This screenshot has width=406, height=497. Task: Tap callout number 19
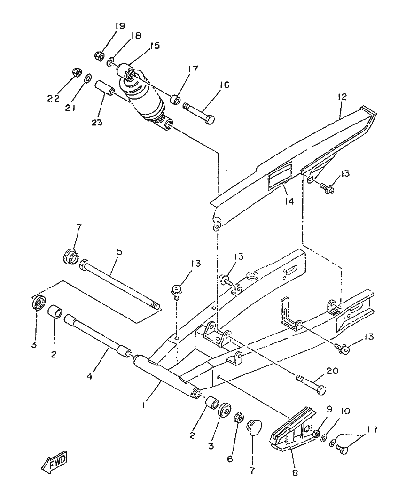(119, 26)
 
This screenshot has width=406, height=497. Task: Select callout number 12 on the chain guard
(342, 96)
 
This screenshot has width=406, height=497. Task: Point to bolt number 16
(199, 112)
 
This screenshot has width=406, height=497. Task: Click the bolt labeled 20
(312, 384)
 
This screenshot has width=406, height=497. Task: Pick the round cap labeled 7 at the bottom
(254, 427)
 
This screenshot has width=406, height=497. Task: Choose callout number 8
(295, 473)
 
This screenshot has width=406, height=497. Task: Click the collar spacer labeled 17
(175, 100)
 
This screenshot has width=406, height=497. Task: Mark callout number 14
(289, 201)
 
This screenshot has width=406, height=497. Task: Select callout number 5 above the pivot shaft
(119, 252)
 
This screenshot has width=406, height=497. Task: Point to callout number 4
(90, 376)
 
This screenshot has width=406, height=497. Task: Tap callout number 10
(345, 411)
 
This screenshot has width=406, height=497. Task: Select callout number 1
(144, 405)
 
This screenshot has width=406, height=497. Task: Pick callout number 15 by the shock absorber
(155, 46)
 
